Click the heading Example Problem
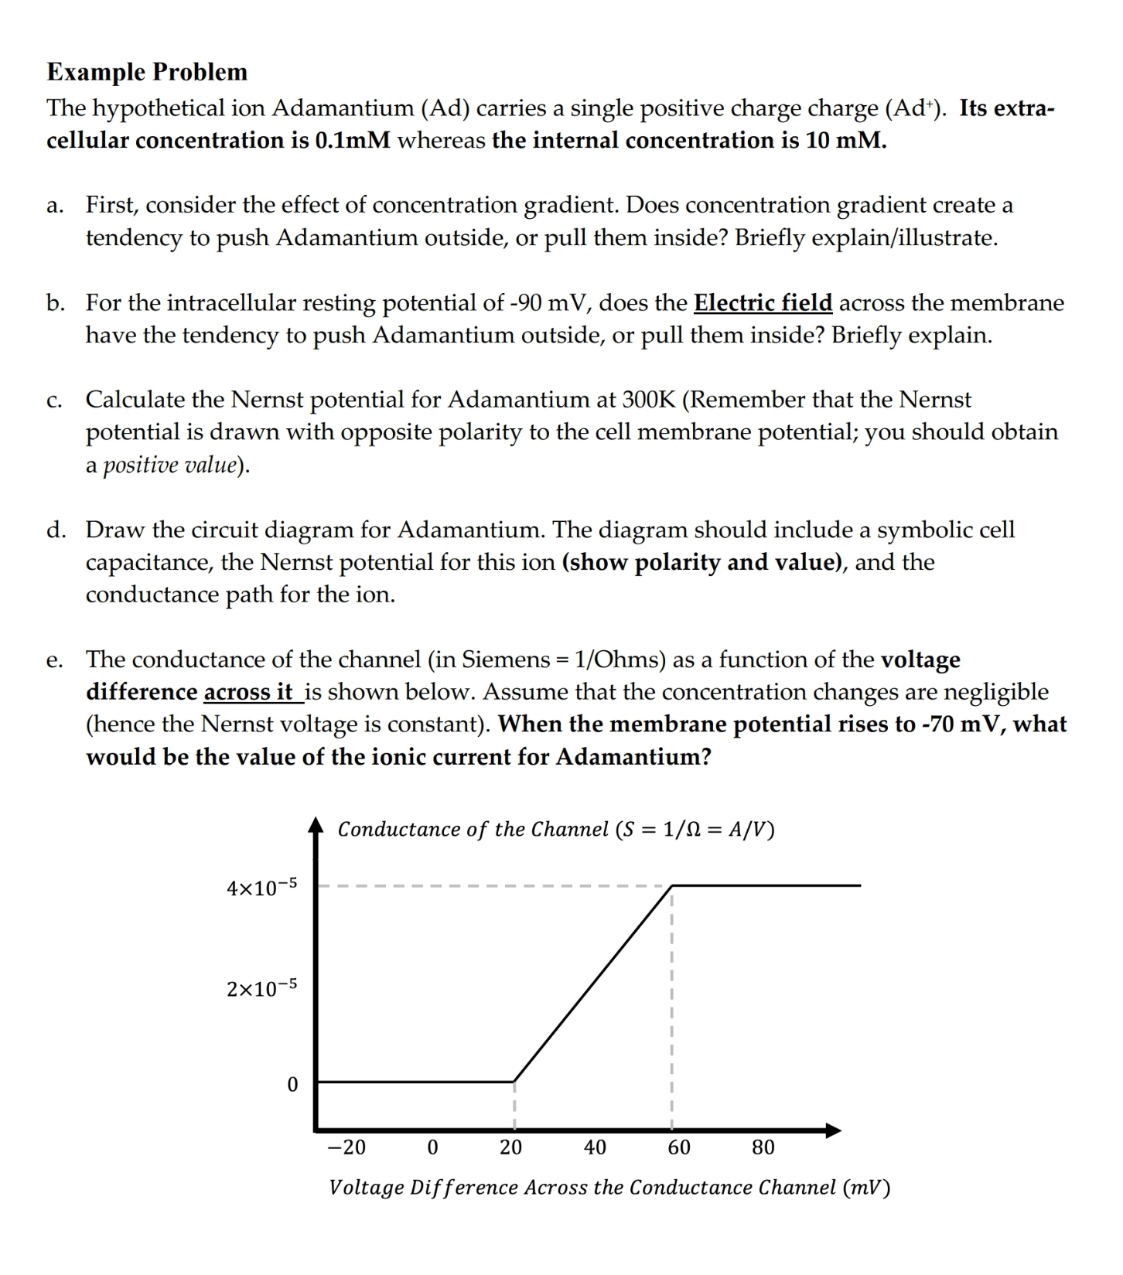click(x=147, y=72)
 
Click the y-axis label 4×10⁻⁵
click(x=261, y=888)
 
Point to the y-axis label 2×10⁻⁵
click(x=261, y=988)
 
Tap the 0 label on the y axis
click(x=292, y=1086)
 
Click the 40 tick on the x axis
click(x=595, y=1147)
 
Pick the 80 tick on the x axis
click(x=763, y=1147)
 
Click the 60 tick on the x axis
click(x=679, y=1147)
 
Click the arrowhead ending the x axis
click(x=833, y=1131)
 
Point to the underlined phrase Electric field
click(x=763, y=302)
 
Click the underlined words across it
click(x=249, y=692)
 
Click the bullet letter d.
click(x=55, y=530)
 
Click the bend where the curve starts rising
click(x=514, y=1081)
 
